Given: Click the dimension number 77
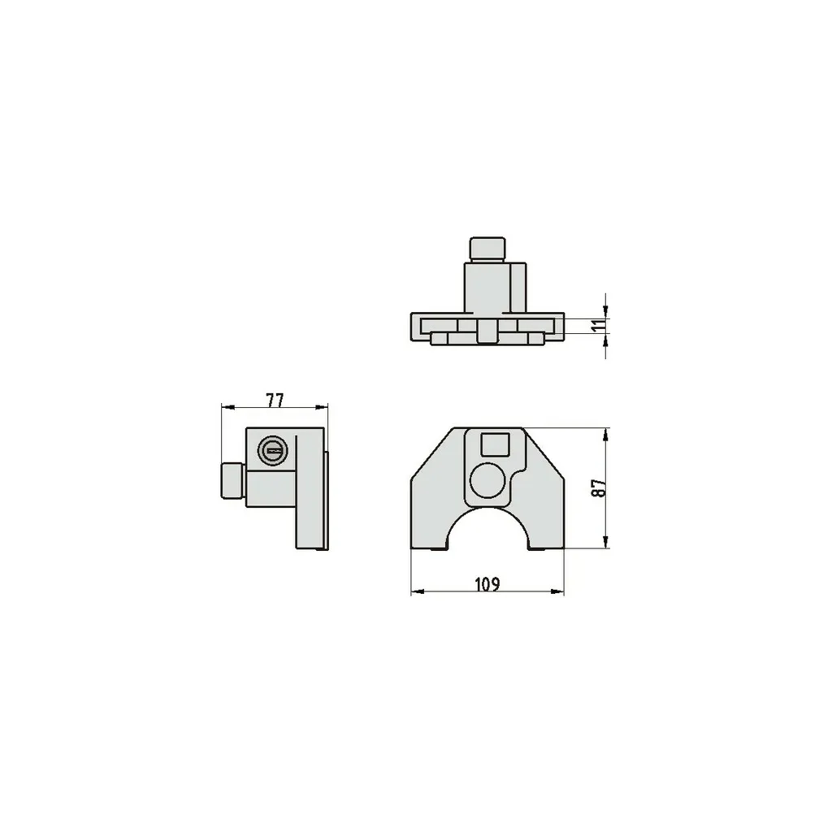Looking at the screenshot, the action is pos(275,400).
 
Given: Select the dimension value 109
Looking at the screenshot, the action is pos(487,585).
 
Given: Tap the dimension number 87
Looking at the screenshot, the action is pos(599,487).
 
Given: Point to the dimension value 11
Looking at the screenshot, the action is pos(598,326).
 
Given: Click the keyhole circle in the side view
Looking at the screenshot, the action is pos(273,451).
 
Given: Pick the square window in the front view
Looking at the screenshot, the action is pos(495,444).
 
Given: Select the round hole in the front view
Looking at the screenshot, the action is pos(487,481).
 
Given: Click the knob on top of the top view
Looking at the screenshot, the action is pos(487,249).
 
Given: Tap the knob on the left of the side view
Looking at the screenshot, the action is pos(233,481).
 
